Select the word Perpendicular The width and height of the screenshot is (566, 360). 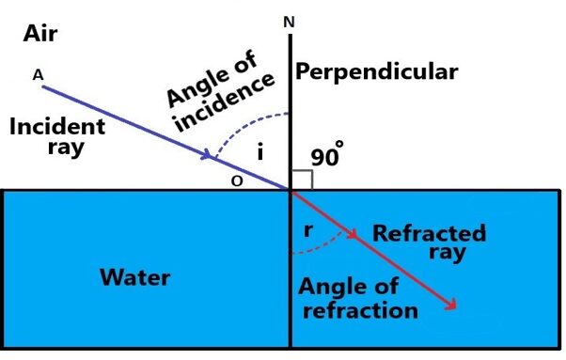click(x=376, y=71)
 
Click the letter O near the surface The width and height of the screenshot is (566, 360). click(x=239, y=183)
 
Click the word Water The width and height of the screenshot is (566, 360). click(x=135, y=277)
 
